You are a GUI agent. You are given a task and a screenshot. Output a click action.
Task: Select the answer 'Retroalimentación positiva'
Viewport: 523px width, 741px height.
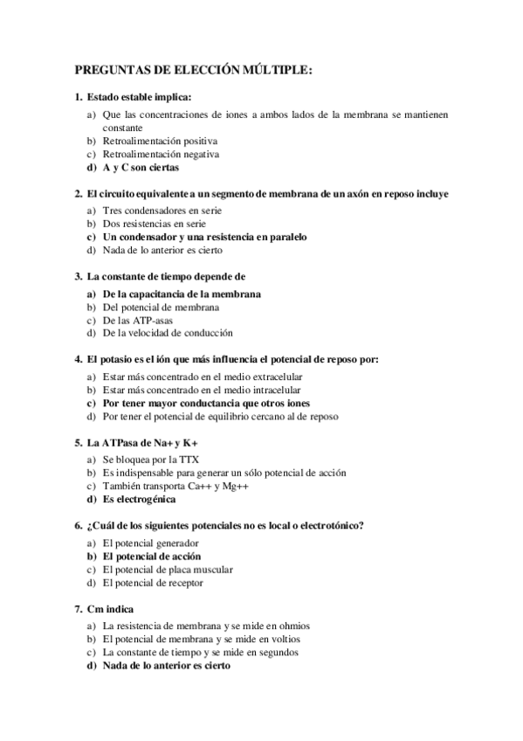[160, 140]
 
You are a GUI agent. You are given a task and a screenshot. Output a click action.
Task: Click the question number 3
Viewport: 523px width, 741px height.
[79, 277]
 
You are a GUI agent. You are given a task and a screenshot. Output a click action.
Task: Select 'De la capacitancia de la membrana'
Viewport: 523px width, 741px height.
[182, 294]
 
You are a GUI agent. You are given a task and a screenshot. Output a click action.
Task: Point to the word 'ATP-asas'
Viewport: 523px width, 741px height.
[154, 320]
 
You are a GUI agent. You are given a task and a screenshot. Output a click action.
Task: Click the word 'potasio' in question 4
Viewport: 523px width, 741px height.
[119, 360]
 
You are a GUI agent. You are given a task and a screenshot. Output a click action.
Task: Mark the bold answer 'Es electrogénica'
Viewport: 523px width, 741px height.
[139, 499]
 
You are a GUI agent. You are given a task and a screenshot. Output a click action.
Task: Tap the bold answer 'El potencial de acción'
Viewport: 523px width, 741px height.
[152, 556]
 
